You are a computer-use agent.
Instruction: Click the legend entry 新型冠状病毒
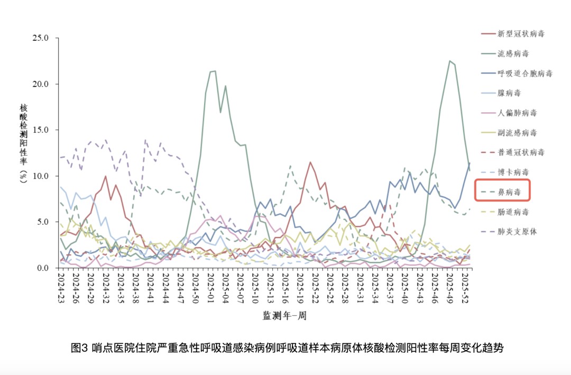pyautogui.click(x=521, y=34)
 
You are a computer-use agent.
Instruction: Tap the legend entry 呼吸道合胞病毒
pyautogui.click(x=524, y=74)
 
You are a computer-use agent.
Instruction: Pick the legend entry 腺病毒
pyautogui.click(x=509, y=93)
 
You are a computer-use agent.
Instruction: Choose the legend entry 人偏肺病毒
pyautogui.click(x=517, y=113)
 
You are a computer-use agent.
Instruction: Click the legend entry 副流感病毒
pyautogui.click(x=517, y=133)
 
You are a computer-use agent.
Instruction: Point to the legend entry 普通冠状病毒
pyautogui.click(x=521, y=152)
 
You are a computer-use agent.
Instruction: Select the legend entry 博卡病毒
pyautogui.click(x=513, y=172)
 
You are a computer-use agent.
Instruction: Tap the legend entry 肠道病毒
pyautogui.click(x=513, y=212)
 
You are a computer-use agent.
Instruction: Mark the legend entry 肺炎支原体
pyautogui.click(x=517, y=232)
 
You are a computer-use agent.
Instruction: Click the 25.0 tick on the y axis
pyautogui.click(x=41, y=38)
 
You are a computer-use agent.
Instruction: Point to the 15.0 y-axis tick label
pyautogui.click(x=41, y=130)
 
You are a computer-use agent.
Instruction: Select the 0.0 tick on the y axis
pyautogui.click(x=43, y=268)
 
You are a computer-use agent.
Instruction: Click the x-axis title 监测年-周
pyautogui.click(x=284, y=316)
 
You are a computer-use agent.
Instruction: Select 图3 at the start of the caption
pyautogui.click(x=79, y=348)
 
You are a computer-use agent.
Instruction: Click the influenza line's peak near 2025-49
pyautogui.click(x=449, y=61)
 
